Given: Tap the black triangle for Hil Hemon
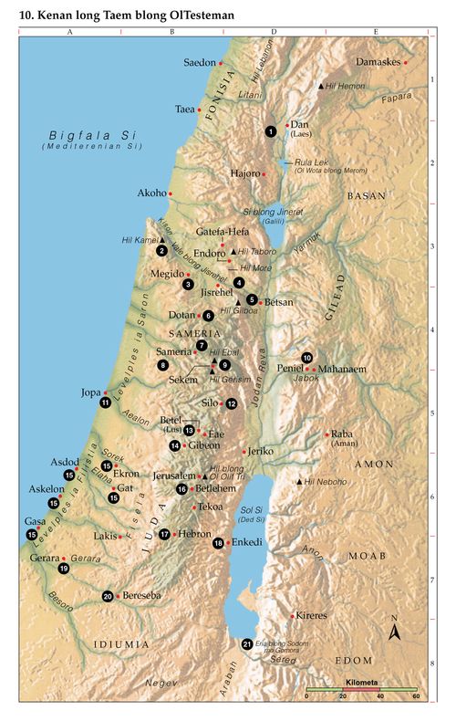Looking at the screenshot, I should click(x=320, y=86).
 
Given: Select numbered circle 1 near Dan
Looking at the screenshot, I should click(x=270, y=131).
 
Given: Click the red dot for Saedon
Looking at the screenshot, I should click(x=221, y=63).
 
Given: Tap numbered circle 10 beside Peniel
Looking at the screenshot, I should click(x=307, y=358).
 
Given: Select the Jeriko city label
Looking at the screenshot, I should click(x=261, y=451).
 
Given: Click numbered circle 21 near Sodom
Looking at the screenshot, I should click(x=246, y=644).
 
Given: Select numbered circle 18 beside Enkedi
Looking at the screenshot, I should click(x=218, y=543).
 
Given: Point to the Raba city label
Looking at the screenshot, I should click(x=341, y=434).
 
